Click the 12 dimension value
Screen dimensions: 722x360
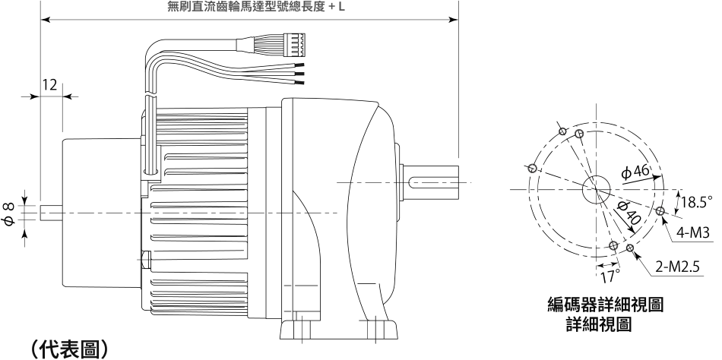coord(49,85)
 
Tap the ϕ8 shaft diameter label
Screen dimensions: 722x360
coord(9,213)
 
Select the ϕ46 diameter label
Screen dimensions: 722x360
coord(635,172)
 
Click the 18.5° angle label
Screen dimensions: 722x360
coord(697,201)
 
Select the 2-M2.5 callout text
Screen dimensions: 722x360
coord(677,267)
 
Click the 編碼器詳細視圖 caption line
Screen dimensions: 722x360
coord(606,305)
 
